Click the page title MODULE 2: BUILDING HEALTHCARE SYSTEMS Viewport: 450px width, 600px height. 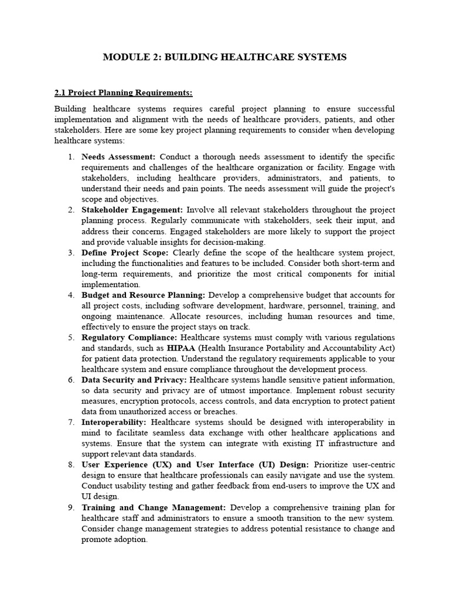pos(224,57)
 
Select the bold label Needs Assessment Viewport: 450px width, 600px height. pos(118,156)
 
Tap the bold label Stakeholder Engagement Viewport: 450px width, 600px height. pos(132,210)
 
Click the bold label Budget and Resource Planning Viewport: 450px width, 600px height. pos(143,295)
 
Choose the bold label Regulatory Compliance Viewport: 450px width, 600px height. pos(129,337)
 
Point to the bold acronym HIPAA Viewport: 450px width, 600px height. pos(182,348)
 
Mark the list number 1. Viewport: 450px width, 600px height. pos(70,156)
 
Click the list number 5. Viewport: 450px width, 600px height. pos(70,337)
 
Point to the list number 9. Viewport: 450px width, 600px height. pos(70,507)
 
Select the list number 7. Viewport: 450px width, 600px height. pos(70,422)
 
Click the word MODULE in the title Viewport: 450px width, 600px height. pos(122,57)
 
